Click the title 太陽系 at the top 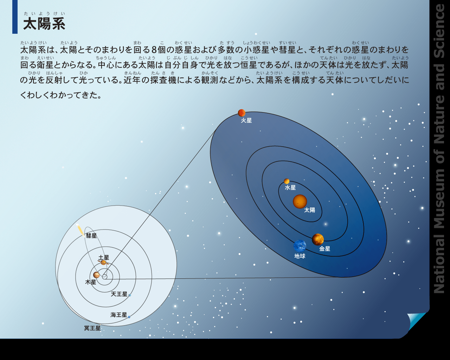(x=44, y=24)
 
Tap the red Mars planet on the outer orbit (x=242, y=113)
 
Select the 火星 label (x=246, y=121)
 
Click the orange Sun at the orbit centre (x=300, y=201)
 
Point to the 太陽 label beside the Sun (x=309, y=210)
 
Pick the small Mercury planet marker (x=287, y=181)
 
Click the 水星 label (x=290, y=188)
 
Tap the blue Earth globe (x=300, y=246)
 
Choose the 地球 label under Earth (x=300, y=256)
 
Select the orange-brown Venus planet (x=318, y=239)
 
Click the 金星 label (x=325, y=249)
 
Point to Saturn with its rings (x=103, y=263)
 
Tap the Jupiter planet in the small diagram (x=96, y=275)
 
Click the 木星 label (x=91, y=282)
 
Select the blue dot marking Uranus (x=130, y=295)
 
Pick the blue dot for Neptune (x=129, y=317)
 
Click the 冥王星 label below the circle (x=92, y=328)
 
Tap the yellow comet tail (x=81, y=231)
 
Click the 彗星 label (x=91, y=236)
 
